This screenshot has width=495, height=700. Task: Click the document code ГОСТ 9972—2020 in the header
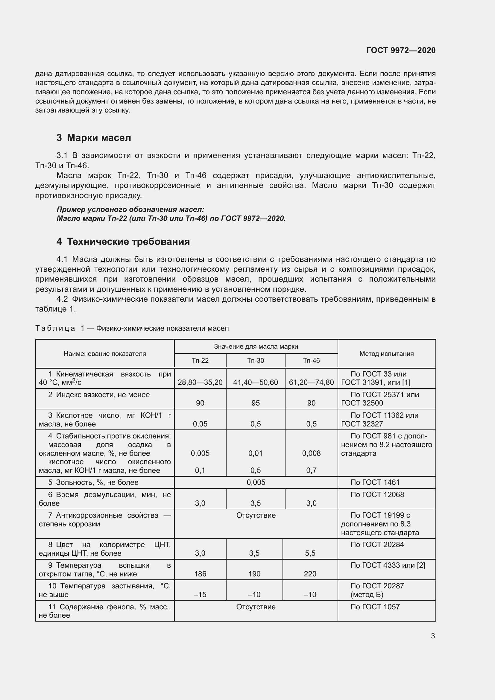coord(401,50)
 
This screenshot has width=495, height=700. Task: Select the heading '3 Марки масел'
coord(94,138)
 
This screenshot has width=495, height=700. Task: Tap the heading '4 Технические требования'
coord(123,242)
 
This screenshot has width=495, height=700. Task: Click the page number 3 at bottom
coord(433,636)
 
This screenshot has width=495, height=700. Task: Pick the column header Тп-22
coord(200,360)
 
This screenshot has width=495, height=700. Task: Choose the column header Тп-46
coord(312,360)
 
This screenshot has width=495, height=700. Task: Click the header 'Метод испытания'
coord(386,354)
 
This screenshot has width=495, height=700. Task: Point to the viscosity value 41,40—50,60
coord(255,382)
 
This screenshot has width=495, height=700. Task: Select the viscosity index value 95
coord(255,403)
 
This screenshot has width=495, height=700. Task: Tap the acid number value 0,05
coord(200,424)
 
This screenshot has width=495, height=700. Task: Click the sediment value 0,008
coord(312,453)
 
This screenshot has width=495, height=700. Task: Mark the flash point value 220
coord(310,574)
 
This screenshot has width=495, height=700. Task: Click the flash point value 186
coord(200,574)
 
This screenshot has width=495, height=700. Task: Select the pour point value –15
coord(200,595)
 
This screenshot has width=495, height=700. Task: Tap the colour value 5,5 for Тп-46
coord(310,553)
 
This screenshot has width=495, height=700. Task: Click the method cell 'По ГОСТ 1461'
coord(375,482)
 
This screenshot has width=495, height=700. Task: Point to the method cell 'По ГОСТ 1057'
coord(375,607)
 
